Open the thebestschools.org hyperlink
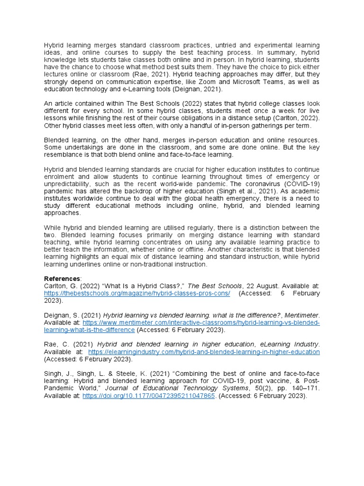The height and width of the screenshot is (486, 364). point(137,293)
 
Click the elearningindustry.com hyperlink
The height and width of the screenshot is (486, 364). point(204,352)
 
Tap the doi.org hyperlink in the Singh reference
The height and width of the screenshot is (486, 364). point(149,395)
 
